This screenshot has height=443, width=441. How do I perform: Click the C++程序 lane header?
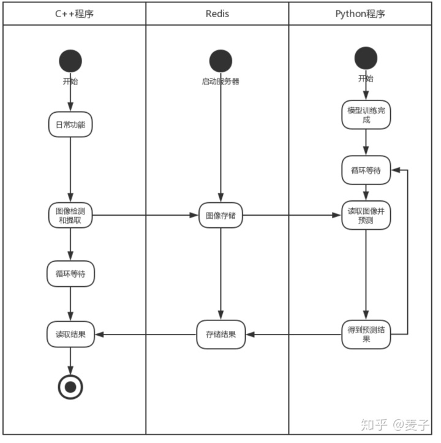(74, 13)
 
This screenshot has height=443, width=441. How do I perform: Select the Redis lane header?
(217, 13)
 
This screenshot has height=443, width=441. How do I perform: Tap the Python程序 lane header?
(361, 13)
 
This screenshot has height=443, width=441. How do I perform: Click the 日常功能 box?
(70, 124)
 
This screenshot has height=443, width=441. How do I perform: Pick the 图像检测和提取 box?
(70, 215)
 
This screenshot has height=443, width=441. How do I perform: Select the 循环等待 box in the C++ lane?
(70, 273)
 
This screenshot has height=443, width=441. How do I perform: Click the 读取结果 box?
(70, 334)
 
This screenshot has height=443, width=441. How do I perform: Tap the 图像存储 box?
(221, 215)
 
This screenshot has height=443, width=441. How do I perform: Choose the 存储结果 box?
(221, 334)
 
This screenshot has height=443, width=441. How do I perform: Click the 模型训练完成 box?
(366, 115)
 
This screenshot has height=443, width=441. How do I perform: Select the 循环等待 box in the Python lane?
(366, 170)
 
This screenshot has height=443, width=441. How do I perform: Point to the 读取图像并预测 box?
(366, 215)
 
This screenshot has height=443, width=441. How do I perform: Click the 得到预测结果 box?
(366, 334)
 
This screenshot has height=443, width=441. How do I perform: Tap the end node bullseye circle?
(70, 386)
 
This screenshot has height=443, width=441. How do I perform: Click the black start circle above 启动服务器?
(221, 61)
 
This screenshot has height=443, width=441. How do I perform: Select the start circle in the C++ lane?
(70, 61)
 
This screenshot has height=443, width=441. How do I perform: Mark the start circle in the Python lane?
(366, 59)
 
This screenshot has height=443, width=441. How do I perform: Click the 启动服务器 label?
(221, 80)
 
